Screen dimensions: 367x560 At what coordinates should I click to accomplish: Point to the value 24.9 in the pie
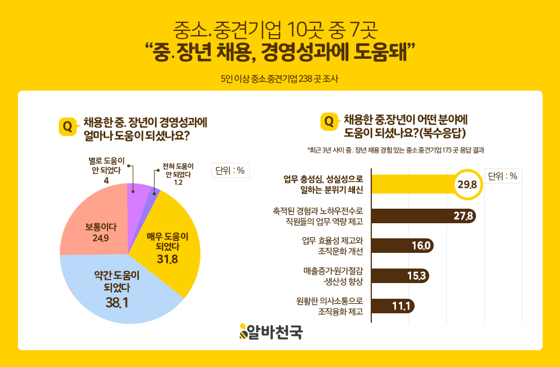click(x=101, y=239)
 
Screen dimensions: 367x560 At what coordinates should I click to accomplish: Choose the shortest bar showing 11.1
click(x=392, y=306)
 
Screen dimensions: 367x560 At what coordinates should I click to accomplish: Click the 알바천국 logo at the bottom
click(x=271, y=331)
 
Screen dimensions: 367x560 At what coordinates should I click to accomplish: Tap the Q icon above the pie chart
click(x=67, y=126)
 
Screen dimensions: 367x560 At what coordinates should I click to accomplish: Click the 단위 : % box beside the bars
click(x=502, y=176)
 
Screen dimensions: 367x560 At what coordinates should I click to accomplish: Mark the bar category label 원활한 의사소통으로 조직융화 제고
click(x=330, y=306)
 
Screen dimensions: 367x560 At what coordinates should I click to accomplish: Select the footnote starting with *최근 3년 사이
click(x=395, y=150)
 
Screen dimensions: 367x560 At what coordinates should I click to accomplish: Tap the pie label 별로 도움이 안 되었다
click(x=106, y=167)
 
